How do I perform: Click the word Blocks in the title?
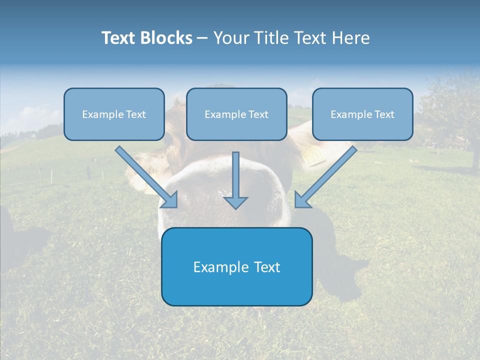pyautogui.click(x=166, y=38)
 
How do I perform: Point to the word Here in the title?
pyautogui.click(x=350, y=38)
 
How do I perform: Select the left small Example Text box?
pyautogui.click(x=114, y=114)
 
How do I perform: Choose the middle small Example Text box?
pyautogui.click(x=236, y=114)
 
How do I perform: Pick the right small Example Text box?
pyautogui.click(x=362, y=114)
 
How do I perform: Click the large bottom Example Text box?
pyautogui.click(x=236, y=266)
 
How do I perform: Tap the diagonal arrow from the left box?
pyautogui.click(x=142, y=173)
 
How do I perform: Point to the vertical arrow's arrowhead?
pyautogui.click(x=235, y=202)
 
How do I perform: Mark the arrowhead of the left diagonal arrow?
pyautogui.click(x=171, y=200)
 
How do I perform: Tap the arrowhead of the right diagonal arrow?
pyautogui.click(x=301, y=200)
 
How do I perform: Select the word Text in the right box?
pyautogui.click(x=384, y=114)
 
